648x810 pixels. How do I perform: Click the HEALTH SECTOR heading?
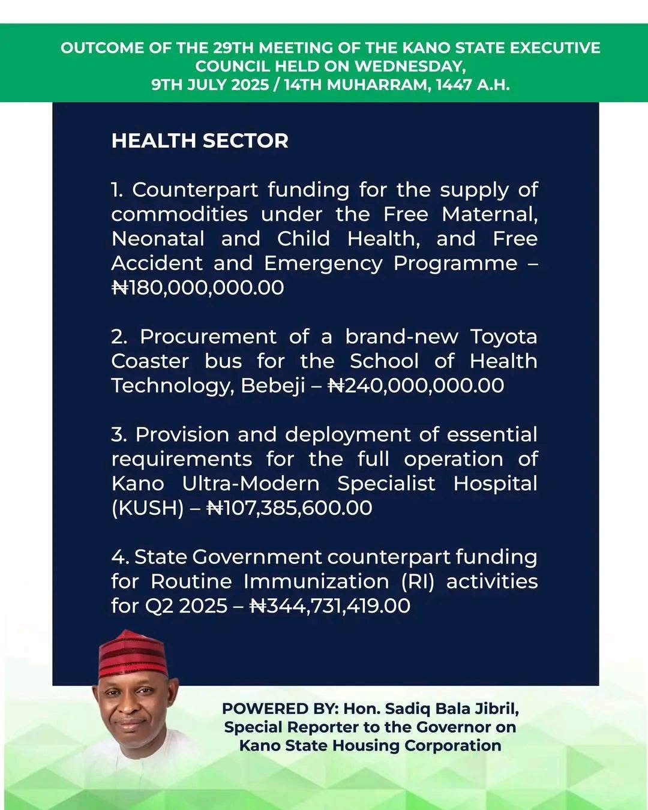pyautogui.click(x=200, y=140)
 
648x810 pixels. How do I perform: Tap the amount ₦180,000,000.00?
pyautogui.click(x=198, y=287)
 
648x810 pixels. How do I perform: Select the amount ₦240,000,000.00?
pyautogui.click(x=416, y=385)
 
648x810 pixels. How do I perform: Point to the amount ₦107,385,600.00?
pyautogui.click(x=289, y=508)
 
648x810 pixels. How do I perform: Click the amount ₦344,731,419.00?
pyautogui.click(x=330, y=605)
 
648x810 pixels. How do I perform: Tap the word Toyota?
pyautogui.click(x=503, y=337)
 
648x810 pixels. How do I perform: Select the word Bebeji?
pyautogui.click(x=273, y=386)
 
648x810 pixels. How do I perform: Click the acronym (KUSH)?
pyautogui.click(x=148, y=508)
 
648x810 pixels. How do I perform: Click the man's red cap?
pyautogui.click(x=133, y=654)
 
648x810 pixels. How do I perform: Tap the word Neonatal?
pyautogui.click(x=158, y=239)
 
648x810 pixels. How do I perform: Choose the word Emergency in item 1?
pyautogui.click(x=323, y=264)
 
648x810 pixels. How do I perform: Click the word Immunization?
pyautogui.click(x=316, y=581)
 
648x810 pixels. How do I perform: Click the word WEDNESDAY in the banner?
pyautogui.click(x=409, y=66)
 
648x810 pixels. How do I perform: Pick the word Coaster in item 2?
pyautogui.click(x=150, y=361)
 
